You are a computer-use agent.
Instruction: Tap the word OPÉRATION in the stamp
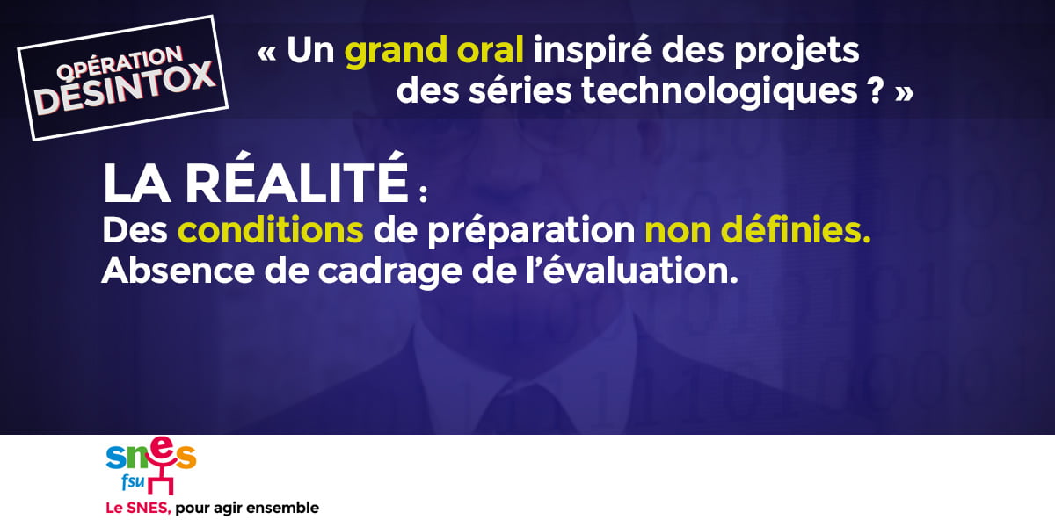tap(120, 62)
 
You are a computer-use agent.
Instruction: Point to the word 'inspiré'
tap(593, 52)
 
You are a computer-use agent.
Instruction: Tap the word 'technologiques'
tap(719, 91)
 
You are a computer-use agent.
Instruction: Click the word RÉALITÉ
tap(297, 177)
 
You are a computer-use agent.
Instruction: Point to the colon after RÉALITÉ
tap(423, 193)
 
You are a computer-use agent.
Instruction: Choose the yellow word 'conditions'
tap(271, 229)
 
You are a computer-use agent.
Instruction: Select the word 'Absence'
tap(178, 271)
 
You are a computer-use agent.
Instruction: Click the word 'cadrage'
tap(390, 273)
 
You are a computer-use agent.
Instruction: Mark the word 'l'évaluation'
tap(631, 271)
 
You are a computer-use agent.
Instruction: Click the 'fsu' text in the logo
tap(133, 481)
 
